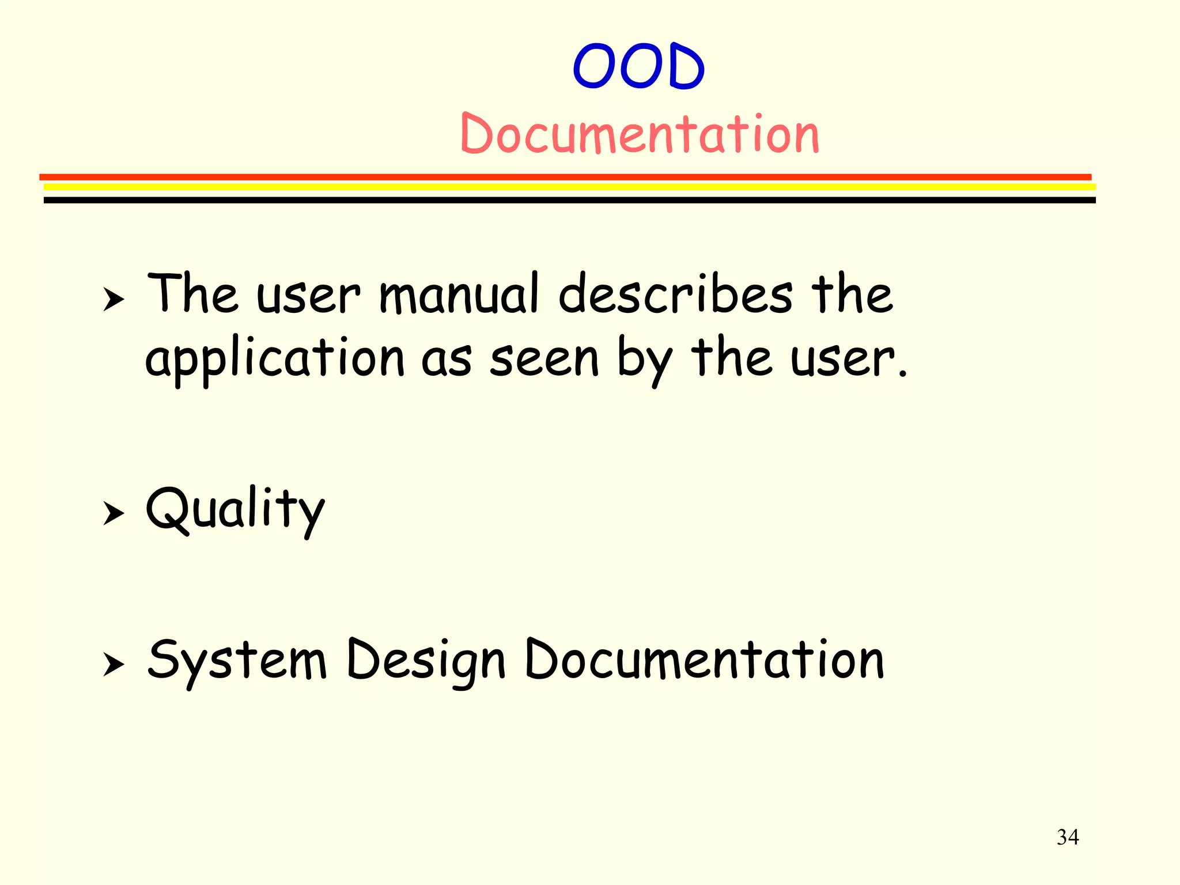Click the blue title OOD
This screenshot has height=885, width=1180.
tap(638, 67)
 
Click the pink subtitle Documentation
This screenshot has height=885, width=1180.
tap(640, 135)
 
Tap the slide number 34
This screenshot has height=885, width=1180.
tap(1068, 837)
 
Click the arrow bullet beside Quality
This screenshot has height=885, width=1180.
tap(114, 512)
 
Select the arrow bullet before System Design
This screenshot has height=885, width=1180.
tap(114, 664)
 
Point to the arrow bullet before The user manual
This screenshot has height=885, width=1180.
tap(114, 299)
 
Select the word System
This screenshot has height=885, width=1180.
tap(237, 661)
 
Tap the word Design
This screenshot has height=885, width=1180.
tap(426, 661)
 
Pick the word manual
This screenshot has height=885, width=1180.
tap(459, 294)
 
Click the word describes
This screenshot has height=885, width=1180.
tap(675, 294)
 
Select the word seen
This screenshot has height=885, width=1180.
tap(544, 358)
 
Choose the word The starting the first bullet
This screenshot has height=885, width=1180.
tap(192, 294)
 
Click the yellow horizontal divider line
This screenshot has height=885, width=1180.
tap(569, 187)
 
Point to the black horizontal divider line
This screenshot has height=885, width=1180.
tap(569, 200)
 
